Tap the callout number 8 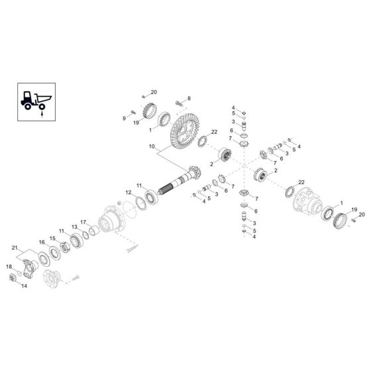[189, 98]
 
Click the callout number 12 [129, 193]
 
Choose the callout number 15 [52, 238]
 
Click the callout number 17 [83, 221]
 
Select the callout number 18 [9, 266]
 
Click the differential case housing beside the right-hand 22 [309, 197]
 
